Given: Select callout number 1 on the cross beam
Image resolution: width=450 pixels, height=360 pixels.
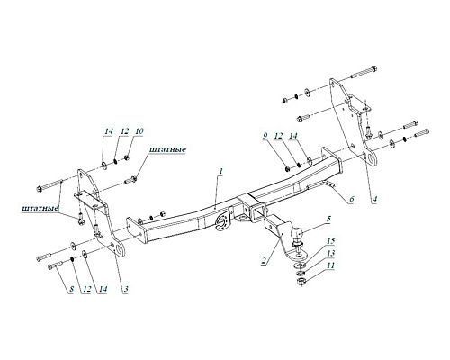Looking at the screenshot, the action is coord(220,172).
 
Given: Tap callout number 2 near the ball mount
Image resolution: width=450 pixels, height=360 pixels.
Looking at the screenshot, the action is coord(265,260).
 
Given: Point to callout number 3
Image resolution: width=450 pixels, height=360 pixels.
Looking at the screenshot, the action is coord(126,289).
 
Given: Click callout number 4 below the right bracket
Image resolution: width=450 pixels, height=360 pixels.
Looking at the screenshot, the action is coord(374,199).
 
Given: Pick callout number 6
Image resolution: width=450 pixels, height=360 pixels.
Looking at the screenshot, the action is coord(352,199).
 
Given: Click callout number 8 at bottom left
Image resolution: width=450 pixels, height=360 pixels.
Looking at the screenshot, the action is coord(71,289).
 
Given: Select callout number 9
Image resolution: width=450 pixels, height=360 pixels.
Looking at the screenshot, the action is coord(265,136).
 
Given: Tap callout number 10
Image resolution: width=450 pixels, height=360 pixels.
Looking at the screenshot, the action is coord(139,131).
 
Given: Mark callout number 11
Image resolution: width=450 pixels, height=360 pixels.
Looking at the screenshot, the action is coord(330,265).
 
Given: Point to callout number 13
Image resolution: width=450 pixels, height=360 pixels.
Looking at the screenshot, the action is coord(330,254).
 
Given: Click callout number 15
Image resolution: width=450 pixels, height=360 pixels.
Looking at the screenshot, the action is coord(330,241).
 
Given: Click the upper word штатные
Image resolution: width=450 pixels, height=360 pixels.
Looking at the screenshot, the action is coord(167,149).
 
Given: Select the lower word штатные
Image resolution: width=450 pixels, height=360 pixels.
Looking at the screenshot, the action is coord(40,208).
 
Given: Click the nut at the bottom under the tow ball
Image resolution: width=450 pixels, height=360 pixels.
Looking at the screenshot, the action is coord(301,282).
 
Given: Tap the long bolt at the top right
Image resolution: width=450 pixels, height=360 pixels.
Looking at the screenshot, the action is coord(364,72).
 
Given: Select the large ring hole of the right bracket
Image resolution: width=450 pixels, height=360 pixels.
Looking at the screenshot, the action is coord(372,159).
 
